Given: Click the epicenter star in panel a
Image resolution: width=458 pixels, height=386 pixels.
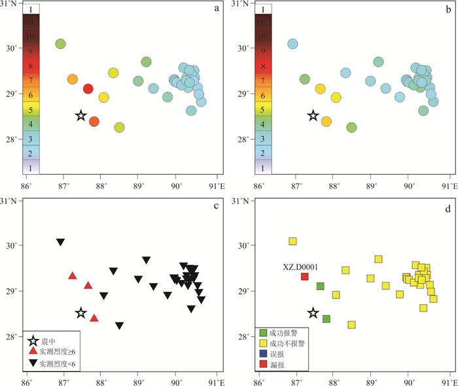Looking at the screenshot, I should [x=80, y=116].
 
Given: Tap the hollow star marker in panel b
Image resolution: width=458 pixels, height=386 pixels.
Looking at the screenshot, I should [x=313, y=116].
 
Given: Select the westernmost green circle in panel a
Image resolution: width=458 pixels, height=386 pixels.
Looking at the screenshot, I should [x=60, y=44].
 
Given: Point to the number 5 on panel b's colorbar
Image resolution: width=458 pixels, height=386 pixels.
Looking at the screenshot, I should [x=263, y=110].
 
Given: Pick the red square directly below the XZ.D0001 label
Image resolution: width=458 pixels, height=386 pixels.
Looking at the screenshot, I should [x=304, y=277].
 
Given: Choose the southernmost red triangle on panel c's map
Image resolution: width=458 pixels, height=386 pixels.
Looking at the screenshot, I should [x=94, y=318].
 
